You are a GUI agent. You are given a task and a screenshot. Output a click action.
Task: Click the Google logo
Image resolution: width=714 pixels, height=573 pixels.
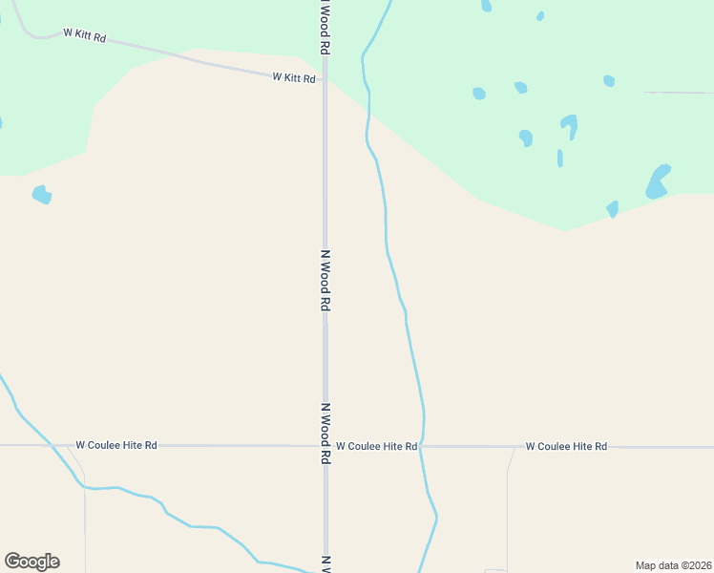point(31,562)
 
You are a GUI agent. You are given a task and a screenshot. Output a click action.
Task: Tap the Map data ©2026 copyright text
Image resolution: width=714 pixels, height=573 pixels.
point(672,565)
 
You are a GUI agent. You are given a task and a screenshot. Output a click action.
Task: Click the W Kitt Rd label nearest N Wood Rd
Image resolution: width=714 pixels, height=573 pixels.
point(294,77)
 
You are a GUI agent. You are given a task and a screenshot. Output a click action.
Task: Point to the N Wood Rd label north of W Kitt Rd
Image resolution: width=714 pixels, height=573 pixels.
point(325,26)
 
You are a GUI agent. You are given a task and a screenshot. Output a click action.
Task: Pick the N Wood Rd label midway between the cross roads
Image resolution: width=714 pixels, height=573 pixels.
point(325,280)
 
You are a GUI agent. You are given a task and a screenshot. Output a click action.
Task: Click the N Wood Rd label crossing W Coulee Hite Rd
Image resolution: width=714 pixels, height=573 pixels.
point(325,433)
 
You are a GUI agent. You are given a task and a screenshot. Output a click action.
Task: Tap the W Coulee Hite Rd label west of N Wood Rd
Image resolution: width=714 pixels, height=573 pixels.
point(116,445)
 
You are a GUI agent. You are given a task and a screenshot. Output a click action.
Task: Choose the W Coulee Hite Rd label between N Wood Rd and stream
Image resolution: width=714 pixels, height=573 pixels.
point(376,446)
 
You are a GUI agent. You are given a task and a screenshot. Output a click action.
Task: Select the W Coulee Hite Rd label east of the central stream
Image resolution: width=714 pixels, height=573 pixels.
point(566,446)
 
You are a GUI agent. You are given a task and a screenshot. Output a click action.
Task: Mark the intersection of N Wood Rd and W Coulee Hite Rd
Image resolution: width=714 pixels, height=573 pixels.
point(325,446)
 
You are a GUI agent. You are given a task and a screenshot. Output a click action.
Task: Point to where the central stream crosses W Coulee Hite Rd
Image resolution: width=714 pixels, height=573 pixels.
point(423,446)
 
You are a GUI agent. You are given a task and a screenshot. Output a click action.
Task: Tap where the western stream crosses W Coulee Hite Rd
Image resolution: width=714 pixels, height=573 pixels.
point(58,445)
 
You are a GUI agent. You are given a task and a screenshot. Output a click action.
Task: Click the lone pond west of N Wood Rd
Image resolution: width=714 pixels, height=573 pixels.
point(41,195)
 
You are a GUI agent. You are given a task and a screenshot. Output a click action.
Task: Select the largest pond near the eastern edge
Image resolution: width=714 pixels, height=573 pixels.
point(658,181)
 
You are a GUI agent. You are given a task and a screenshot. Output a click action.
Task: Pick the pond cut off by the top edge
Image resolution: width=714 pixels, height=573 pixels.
point(487,5)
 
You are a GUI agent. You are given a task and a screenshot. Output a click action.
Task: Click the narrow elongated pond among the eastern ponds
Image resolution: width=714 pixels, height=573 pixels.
point(559,158)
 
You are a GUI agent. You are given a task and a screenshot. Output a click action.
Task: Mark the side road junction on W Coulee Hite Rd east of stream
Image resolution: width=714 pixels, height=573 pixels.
point(514,447)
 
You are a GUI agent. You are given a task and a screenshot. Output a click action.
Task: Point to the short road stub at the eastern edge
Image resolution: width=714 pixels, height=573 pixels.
point(678,93)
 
